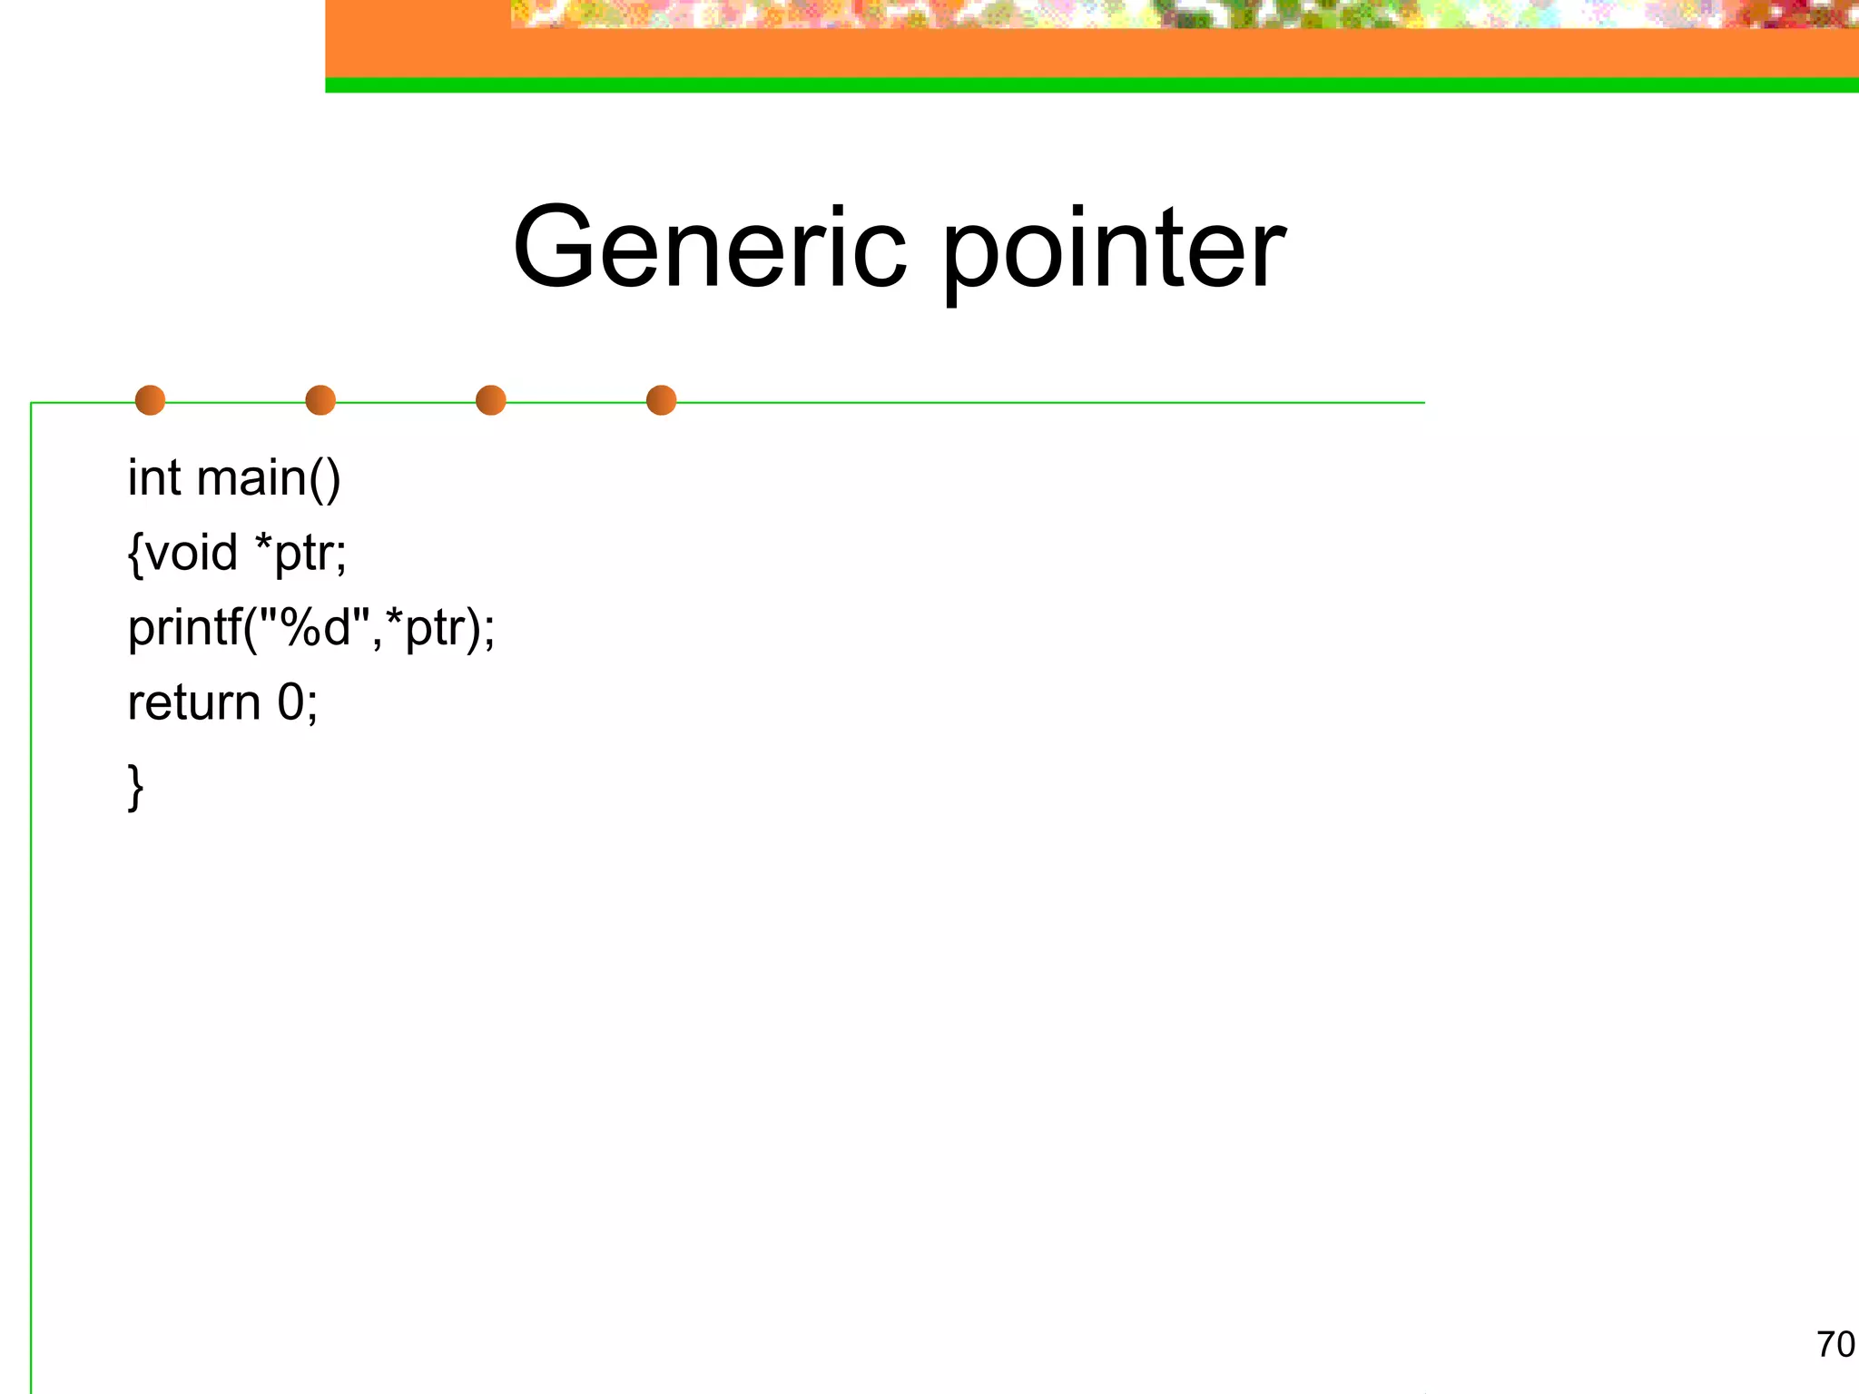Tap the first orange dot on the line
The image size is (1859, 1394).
pyautogui.click(x=150, y=400)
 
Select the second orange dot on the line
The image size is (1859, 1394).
pyautogui.click(x=320, y=400)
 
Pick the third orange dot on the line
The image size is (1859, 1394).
pyautogui.click(x=490, y=400)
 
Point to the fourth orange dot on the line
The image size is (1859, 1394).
pyautogui.click(x=661, y=400)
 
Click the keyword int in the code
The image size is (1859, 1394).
pyautogui.click(x=153, y=478)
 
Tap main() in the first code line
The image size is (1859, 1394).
pyautogui.click(x=269, y=478)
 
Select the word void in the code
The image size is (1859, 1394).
pyautogui.click(x=192, y=553)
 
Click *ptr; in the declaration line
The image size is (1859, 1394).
pyautogui.click(x=300, y=553)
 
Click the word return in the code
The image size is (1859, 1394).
pyautogui.click(x=193, y=703)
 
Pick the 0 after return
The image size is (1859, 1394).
pyautogui.click(x=290, y=702)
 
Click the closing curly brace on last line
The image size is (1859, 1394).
pyautogui.click(x=135, y=786)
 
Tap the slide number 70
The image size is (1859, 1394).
pyautogui.click(x=1834, y=1344)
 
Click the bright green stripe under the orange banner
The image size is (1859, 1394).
pyautogui.click(x=1089, y=85)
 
